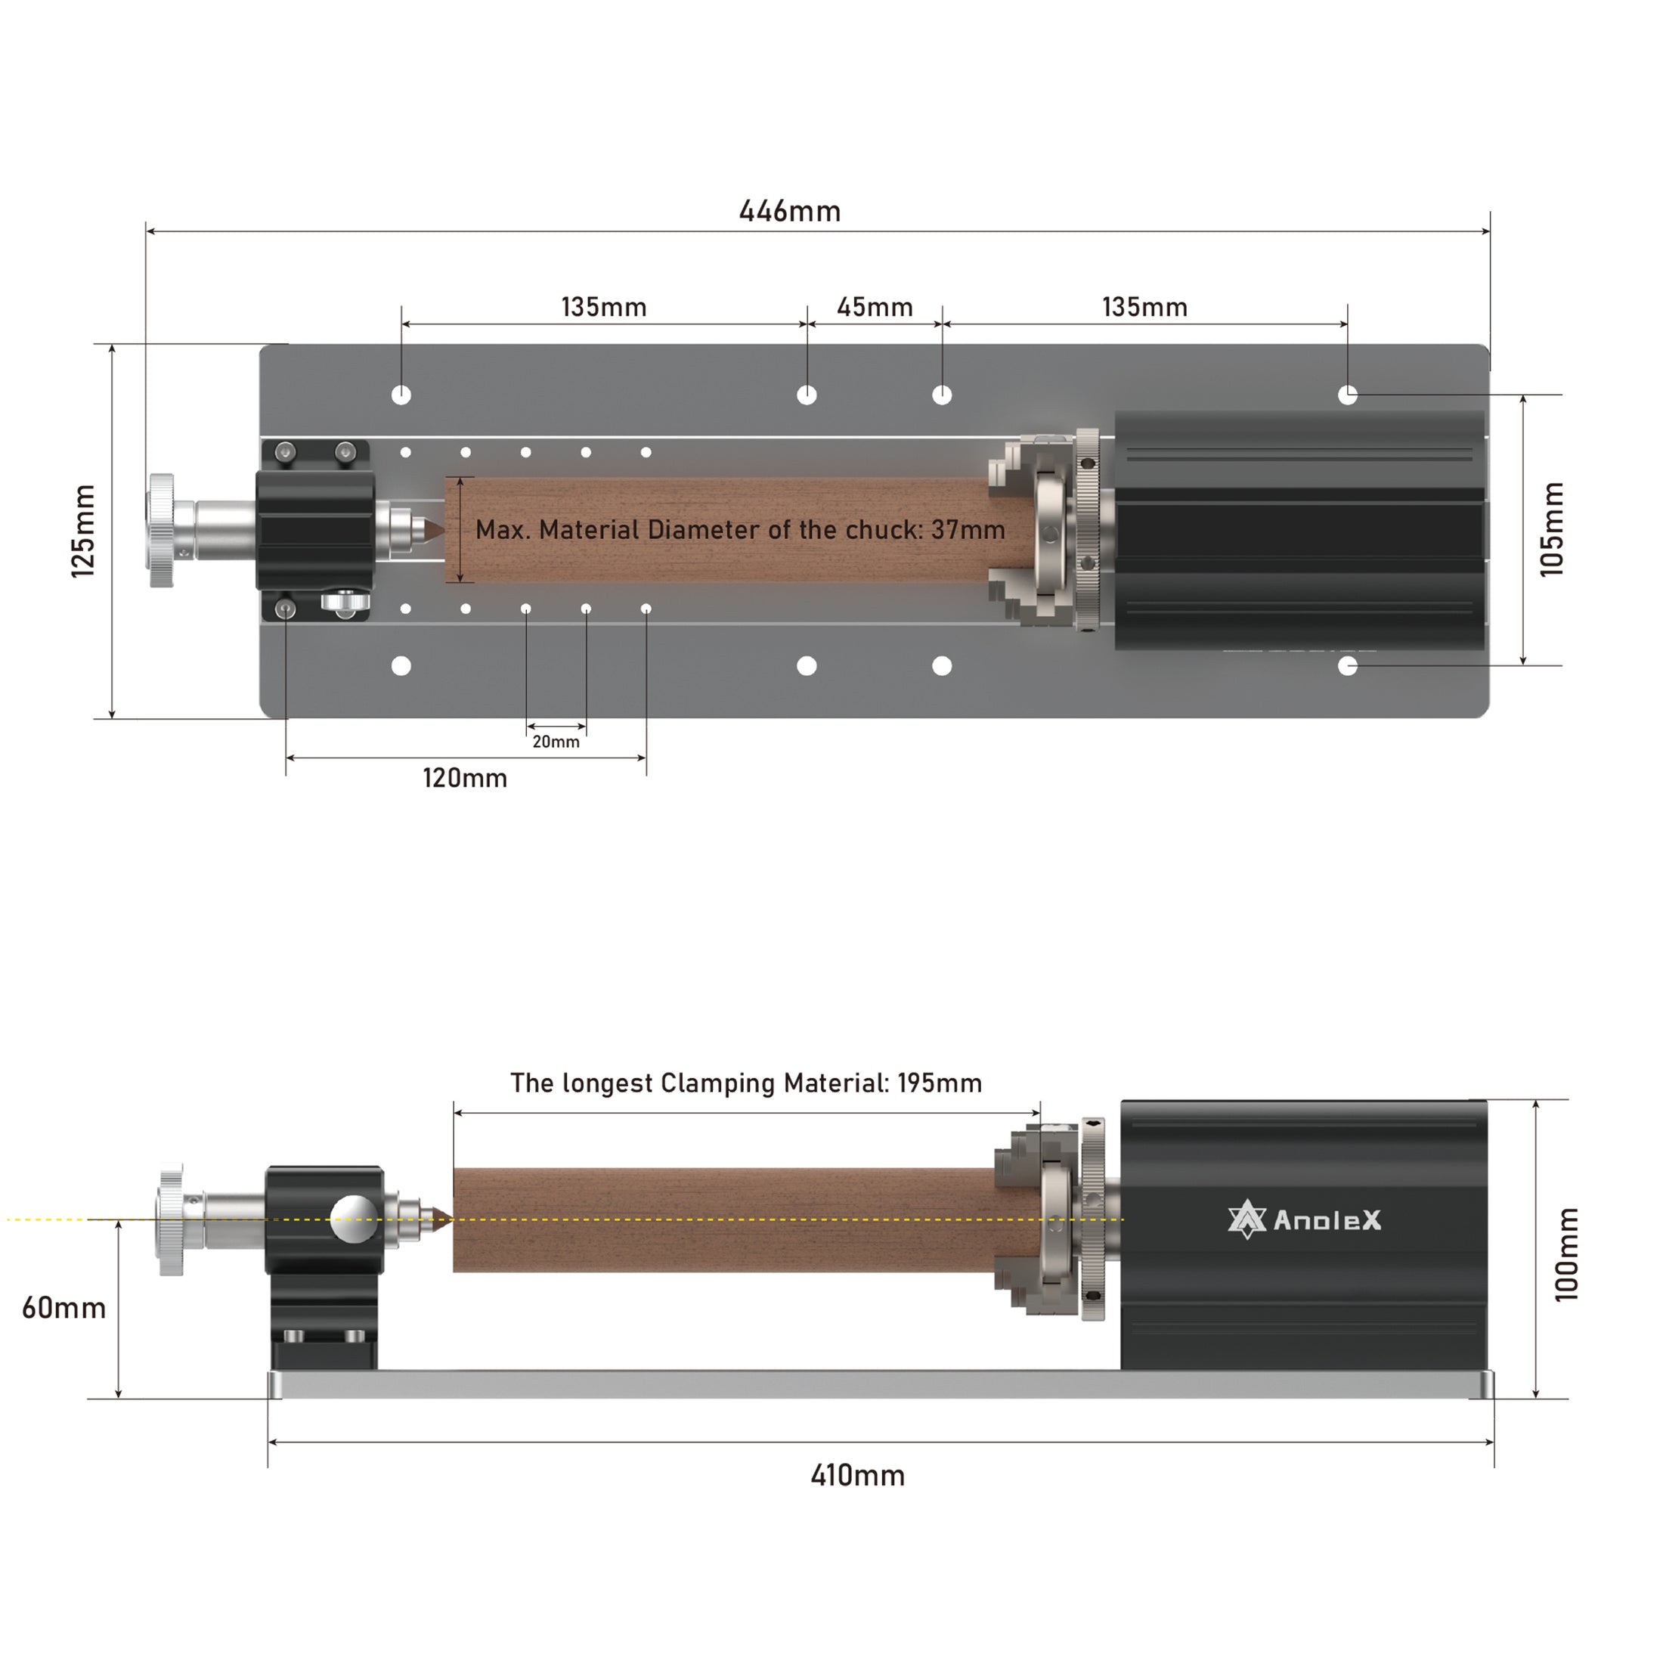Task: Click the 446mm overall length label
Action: tap(790, 211)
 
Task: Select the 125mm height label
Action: tap(84, 531)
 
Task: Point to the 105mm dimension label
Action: tap(1550, 528)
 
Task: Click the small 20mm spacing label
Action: tap(556, 742)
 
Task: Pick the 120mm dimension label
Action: tap(464, 779)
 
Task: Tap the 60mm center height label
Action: tap(63, 1308)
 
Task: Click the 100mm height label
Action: tap(1566, 1255)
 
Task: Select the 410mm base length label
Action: tap(858, 1476)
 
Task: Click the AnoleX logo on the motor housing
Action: tap(1304, 1220)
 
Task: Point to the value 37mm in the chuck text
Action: tap(968, 530)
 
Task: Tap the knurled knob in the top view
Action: tap(161, 531)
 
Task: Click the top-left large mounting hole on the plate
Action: tap(401, 395)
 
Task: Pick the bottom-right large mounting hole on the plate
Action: tap(1348, 666)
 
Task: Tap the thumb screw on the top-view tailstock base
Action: tap(345, 603)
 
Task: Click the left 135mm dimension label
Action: tap(604, 308)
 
